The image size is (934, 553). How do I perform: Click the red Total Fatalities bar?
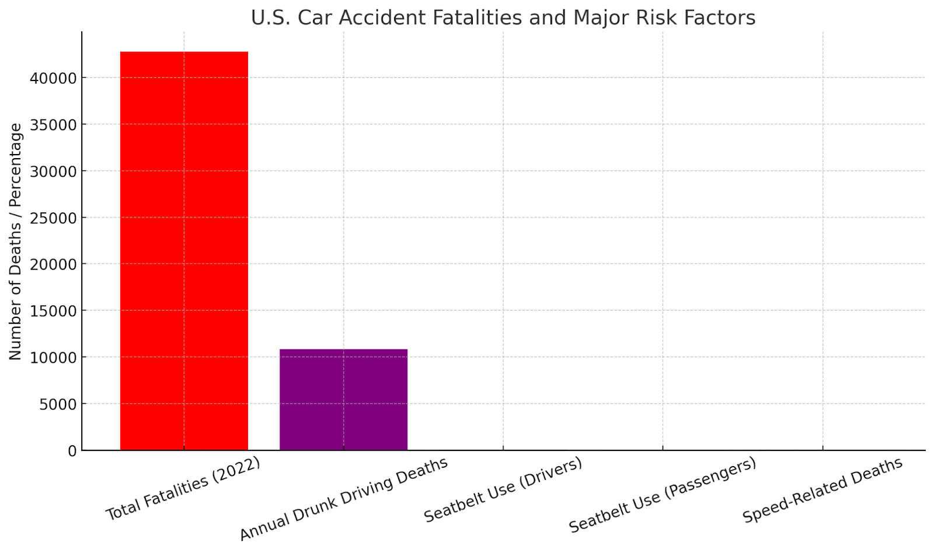tap(184, 251)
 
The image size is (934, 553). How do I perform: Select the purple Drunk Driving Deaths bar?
tap(343, 400)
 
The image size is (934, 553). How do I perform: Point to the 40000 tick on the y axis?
tap(53, 78)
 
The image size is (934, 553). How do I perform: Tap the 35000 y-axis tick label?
tap(53, 125)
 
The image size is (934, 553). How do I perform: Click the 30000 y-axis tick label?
tap(53, 171)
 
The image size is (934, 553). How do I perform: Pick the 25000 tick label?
tap(53, 218)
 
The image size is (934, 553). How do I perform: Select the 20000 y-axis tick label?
tap(53, 264)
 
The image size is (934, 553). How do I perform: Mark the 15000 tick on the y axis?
tap(53, 311)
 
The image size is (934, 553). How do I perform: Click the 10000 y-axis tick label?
tap(53, 358)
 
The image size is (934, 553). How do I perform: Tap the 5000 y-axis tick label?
tap(58, 404)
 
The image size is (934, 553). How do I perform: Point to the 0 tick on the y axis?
tap(72, 451)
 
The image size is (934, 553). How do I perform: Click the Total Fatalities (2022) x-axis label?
tap(183, 489)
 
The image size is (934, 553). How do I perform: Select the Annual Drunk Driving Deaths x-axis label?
tap(344, 499)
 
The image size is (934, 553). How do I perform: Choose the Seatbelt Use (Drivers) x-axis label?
tap(503, 490)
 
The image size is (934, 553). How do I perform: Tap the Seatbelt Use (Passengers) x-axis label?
tap(663, 495)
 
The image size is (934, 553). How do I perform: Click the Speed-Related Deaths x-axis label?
tap(823, 491)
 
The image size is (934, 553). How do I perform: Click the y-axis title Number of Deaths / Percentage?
tap(15, 241)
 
